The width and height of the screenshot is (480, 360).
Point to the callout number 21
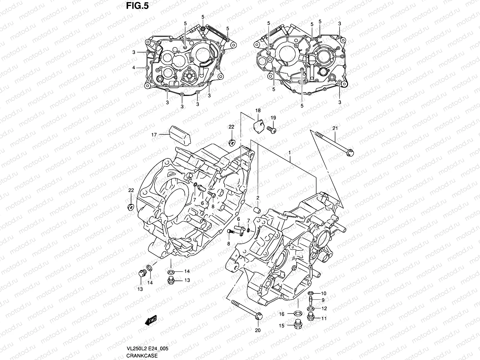coord(335,128)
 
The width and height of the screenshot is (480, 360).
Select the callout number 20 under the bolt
coord(258,331)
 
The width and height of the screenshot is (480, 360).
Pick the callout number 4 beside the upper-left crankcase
coord(134,68)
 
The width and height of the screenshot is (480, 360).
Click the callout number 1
coord(290,153)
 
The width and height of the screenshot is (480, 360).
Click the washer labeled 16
coord(298,314)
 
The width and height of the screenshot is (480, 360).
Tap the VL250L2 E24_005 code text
coord(148,349)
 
